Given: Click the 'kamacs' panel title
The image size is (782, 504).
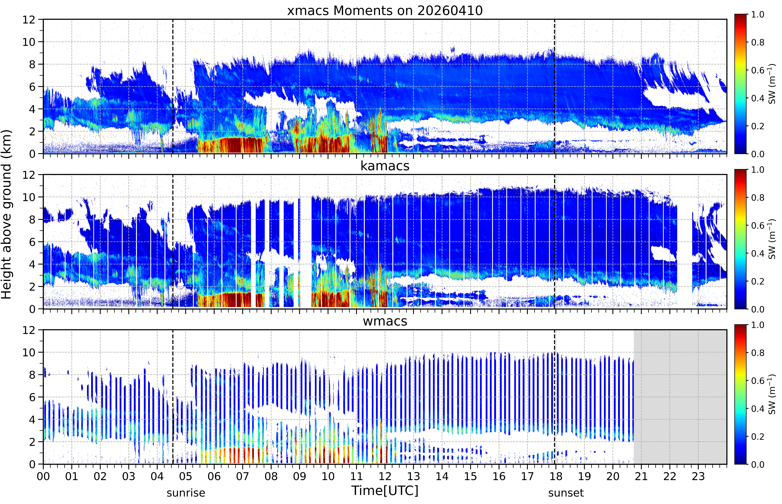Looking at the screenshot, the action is coord(385,166).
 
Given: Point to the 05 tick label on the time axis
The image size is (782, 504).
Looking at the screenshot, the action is coord(186,476).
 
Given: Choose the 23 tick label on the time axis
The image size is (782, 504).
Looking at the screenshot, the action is coord(698,476).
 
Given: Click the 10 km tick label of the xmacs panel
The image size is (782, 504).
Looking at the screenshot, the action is coord(29,42).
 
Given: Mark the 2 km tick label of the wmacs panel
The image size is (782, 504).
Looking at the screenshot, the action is coord(32,442).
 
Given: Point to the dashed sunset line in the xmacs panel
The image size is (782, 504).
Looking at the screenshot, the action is coord(554,86).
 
